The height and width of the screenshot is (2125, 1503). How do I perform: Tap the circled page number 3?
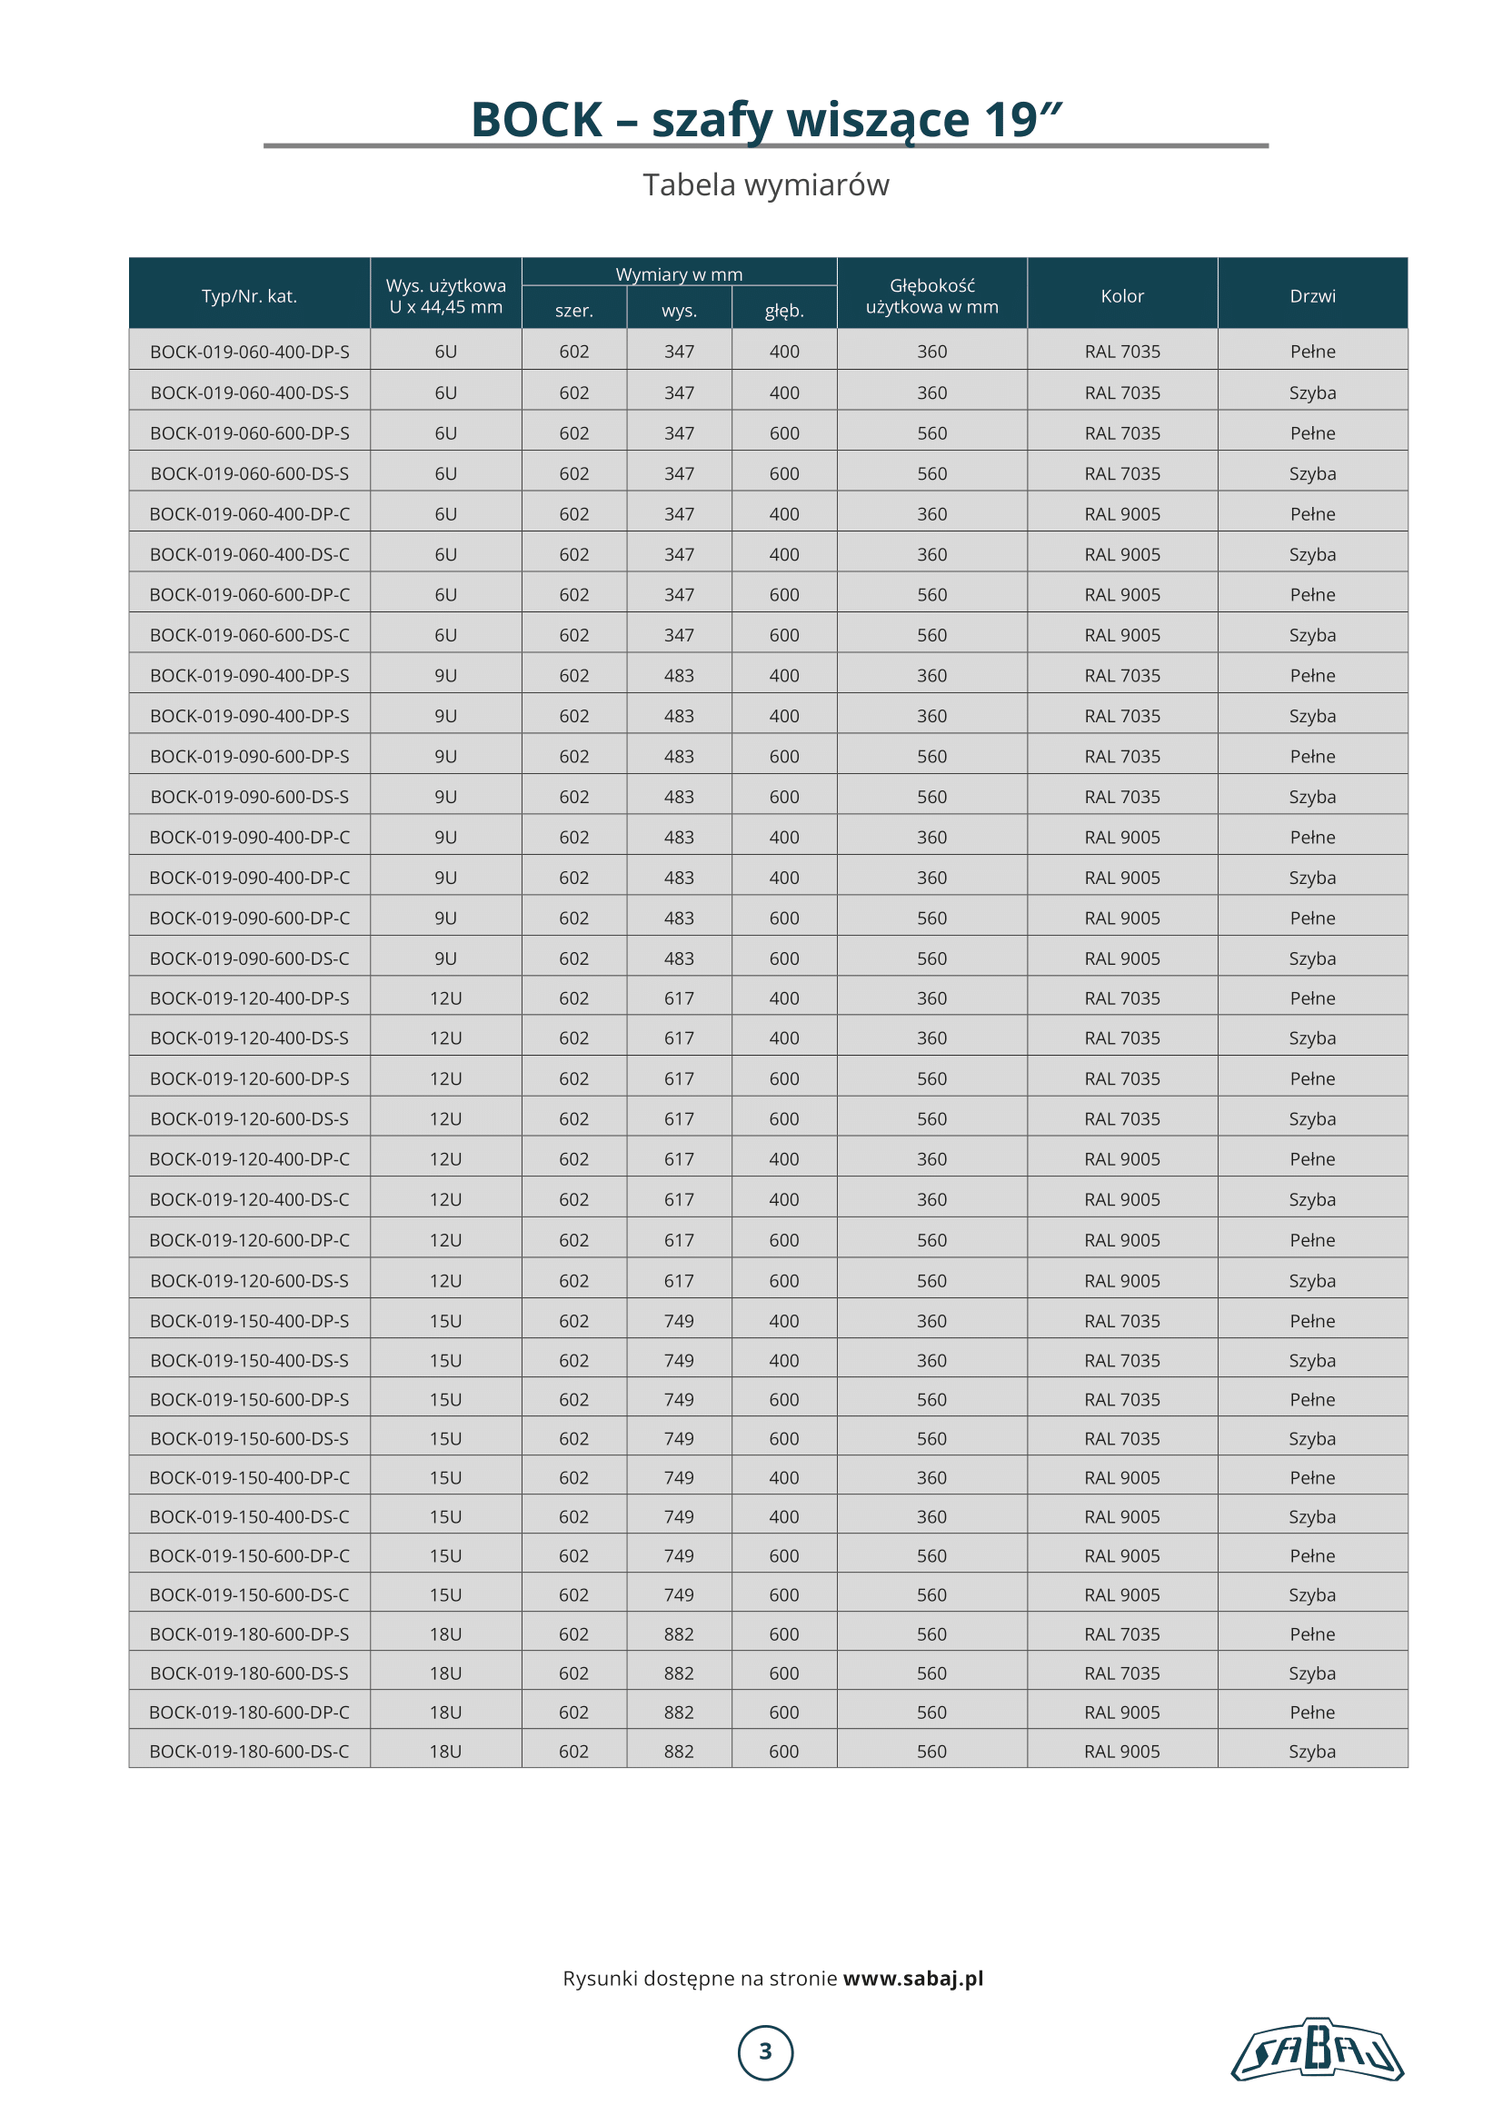point(765,2052)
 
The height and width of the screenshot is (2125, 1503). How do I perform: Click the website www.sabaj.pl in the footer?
point(912,1978)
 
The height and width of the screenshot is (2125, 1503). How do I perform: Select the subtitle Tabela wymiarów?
point(765,185)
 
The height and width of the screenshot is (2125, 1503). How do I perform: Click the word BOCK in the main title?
point(537,120)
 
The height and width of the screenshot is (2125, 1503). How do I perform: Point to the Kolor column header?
point(1121,296)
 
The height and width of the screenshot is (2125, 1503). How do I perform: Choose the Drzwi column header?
point(1312,296)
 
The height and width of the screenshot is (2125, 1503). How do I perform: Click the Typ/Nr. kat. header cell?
point(249,296)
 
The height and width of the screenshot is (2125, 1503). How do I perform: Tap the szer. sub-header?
point(573,311)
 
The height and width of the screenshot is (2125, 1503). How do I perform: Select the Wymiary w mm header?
point(679,274)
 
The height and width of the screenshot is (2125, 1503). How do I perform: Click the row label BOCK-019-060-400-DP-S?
point(249,352)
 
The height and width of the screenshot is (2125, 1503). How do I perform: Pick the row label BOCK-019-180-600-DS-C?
point(249,1751)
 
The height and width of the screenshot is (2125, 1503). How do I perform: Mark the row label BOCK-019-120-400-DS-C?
point(249,1199)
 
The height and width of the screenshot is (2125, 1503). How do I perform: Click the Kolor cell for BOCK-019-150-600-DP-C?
point(1121,1555)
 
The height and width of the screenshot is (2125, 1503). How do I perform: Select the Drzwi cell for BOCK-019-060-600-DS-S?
point(1312,474)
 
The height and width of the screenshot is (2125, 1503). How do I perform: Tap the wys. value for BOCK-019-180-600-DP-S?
point(679,1634)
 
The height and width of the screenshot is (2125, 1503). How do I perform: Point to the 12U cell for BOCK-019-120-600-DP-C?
point(445,1240)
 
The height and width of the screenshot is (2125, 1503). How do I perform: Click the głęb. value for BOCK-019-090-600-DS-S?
point(784,797)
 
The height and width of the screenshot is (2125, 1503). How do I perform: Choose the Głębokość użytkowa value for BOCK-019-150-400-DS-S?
point(932,1361)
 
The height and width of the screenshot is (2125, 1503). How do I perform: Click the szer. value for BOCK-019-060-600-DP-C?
point(573,595)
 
